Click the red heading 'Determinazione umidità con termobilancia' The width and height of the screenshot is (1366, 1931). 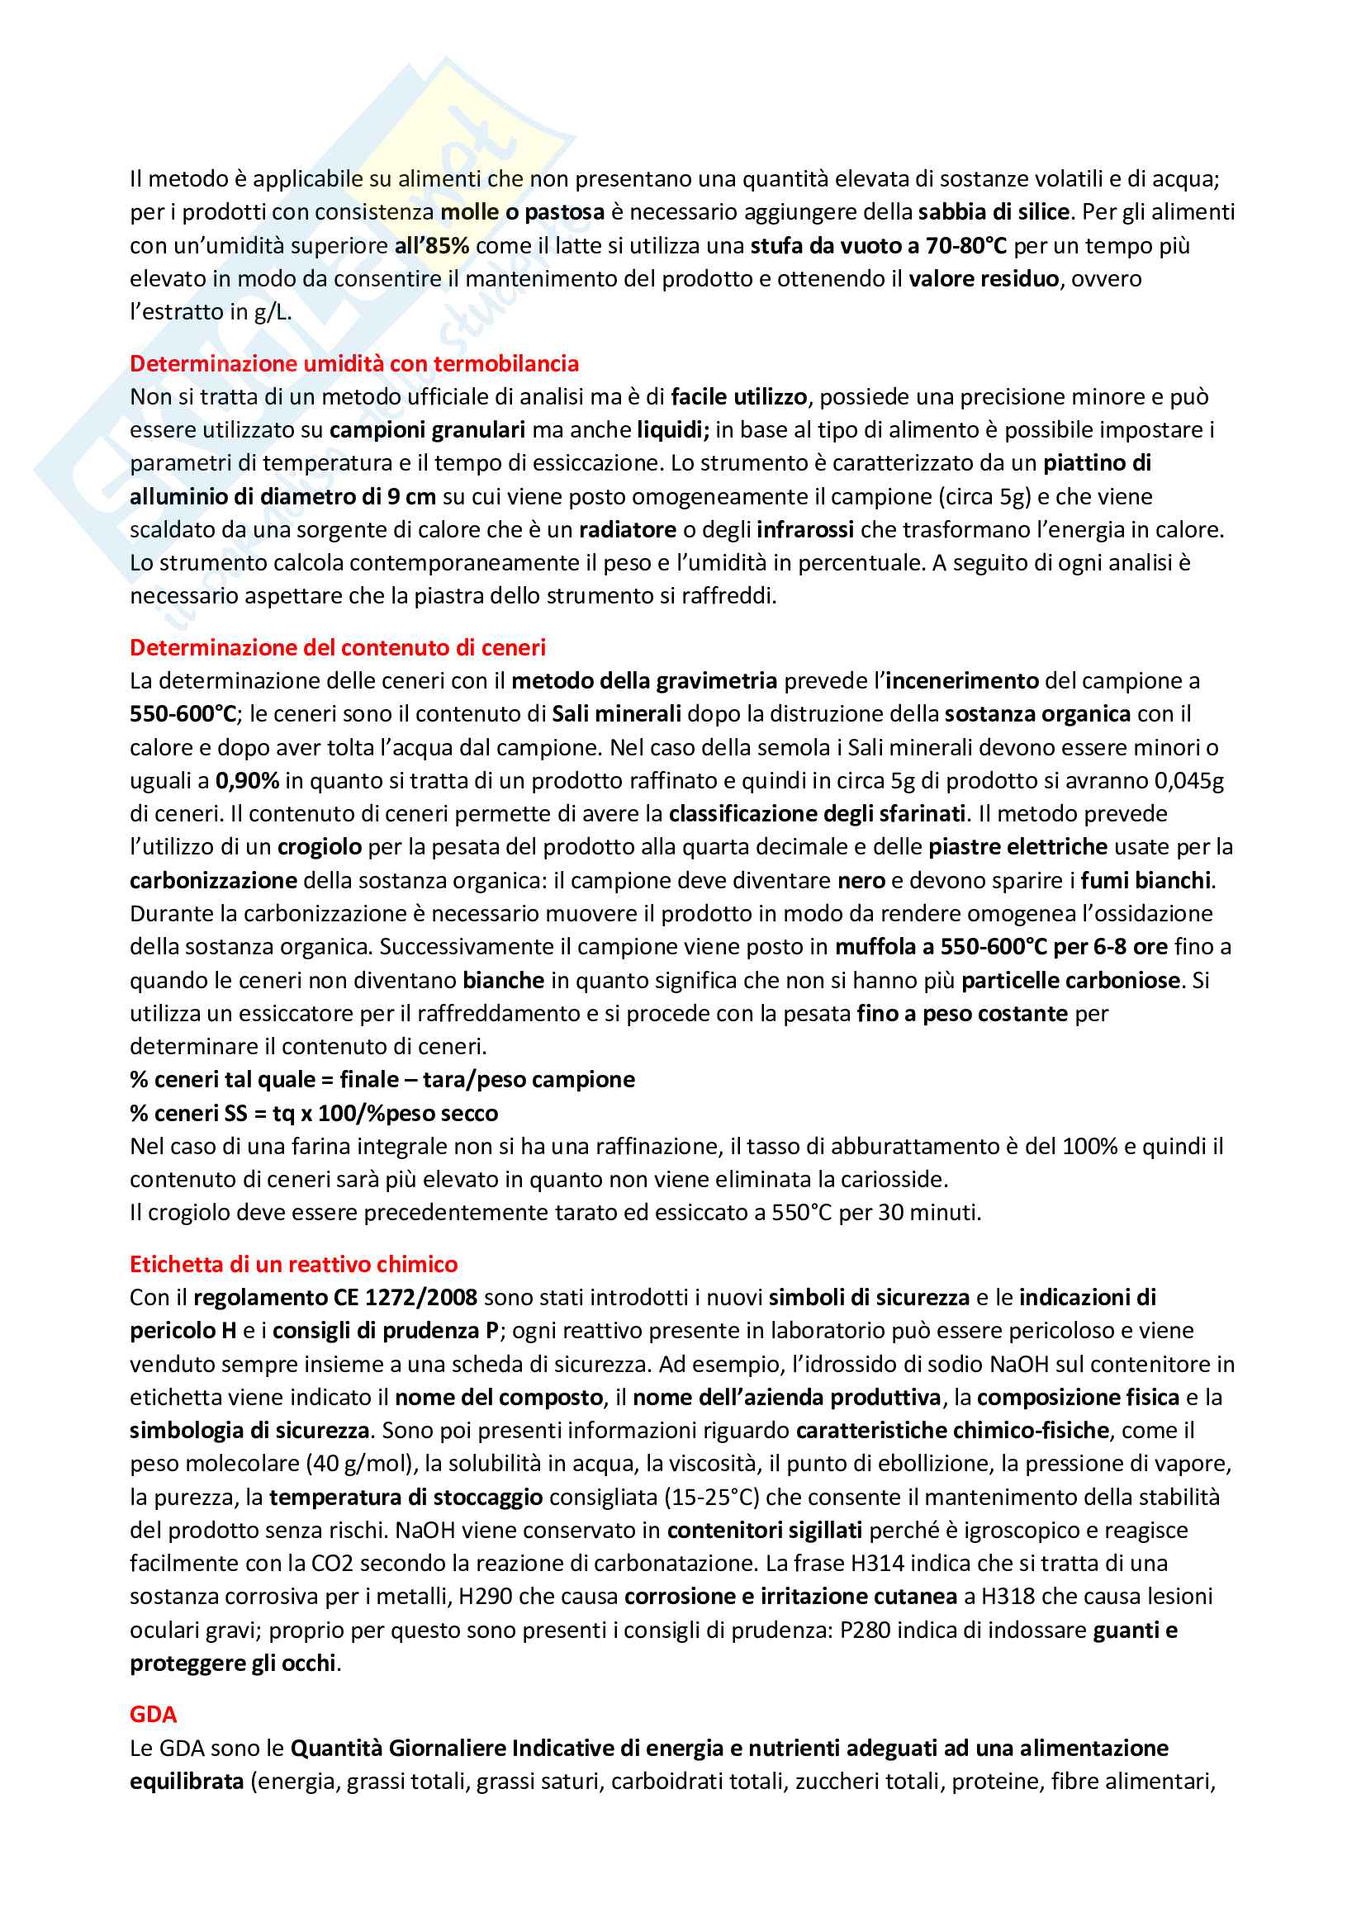pyautogui.click(x=354, y=363)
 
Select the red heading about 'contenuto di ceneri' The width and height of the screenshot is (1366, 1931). pyautogui.click(x=337, y=647)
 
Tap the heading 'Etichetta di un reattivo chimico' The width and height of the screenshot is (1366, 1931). pyautogui.click(x=293, y=1264)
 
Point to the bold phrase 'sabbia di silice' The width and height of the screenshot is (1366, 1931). pyautogui.click(x=994, y=212)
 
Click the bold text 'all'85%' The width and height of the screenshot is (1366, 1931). pyautogui.click(x=431, y=245)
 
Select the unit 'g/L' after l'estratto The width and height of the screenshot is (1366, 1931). pyautogui.click(x=273, y=312)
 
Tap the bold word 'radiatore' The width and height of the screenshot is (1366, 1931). pyautogui.click(x=628, y=530)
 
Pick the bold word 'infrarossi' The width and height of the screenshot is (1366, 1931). pyautogui.click(x=805, y=530)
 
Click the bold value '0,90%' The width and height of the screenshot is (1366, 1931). pyautogui.click(x=247, y=780)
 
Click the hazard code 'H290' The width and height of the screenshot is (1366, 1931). pyautogui.click(x=484, y=1597)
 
